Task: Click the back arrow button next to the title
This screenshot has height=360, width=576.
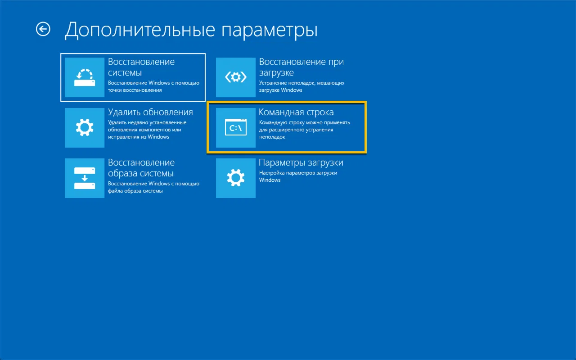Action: pos(43,29)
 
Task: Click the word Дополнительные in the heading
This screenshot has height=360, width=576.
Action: pos(140,30)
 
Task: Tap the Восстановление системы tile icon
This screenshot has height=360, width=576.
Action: pos(85,77)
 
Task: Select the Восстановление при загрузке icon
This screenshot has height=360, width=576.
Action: pos(236,77)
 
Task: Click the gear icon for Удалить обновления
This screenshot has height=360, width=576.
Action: pos(85,128)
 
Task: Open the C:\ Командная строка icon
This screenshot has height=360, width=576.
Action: pos(236,128)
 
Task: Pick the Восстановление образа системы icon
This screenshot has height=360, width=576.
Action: pos(85,178)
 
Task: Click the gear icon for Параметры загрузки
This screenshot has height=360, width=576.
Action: pos(236,178)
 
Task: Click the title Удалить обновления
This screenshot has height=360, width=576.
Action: pos(150,112)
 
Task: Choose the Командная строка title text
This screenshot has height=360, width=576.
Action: pos(296,112)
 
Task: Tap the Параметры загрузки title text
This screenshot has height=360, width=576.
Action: pos(301,163)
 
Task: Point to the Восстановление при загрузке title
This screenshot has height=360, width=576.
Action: pos(301,67)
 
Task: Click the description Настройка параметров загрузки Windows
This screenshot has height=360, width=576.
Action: pos(298,176)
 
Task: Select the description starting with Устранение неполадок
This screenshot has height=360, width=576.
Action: pos(301,86)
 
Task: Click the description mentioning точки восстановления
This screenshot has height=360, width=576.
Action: pos(153,86)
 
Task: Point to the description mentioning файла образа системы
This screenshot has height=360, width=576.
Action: pos(153,187)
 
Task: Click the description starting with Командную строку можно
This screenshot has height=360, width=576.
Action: pos(305,130)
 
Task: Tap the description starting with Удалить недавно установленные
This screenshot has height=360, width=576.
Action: pos(147,130)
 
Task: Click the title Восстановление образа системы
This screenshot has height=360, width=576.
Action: pos(141,168)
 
